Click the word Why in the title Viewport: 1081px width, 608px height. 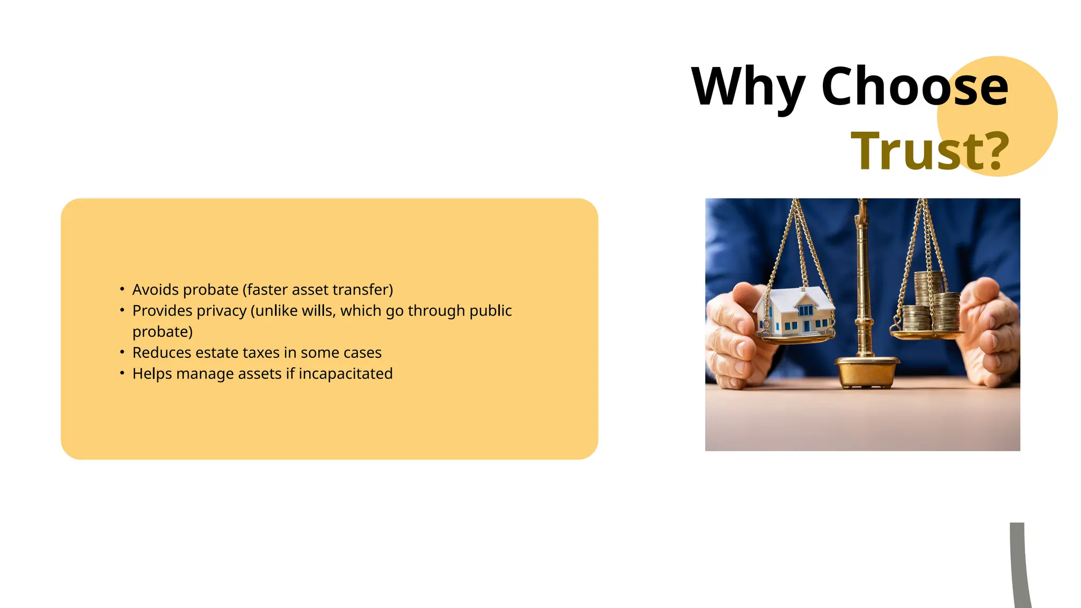[x=748, y=87]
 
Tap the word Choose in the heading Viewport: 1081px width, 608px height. [x=915, y=86]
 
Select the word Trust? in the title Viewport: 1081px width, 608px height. [x=930, y=151]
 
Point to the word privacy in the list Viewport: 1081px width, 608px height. [x=221, y=311]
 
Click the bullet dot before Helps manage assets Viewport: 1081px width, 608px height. [x=122, y=373]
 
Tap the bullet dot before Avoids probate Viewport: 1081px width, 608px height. [x=122, y=289]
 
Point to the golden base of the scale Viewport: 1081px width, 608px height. [x=866, y=372]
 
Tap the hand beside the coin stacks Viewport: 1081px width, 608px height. [x=988, y=332]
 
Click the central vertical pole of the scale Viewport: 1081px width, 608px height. [x=863, y=280]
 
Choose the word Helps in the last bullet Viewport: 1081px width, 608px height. [x=152, y=374]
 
